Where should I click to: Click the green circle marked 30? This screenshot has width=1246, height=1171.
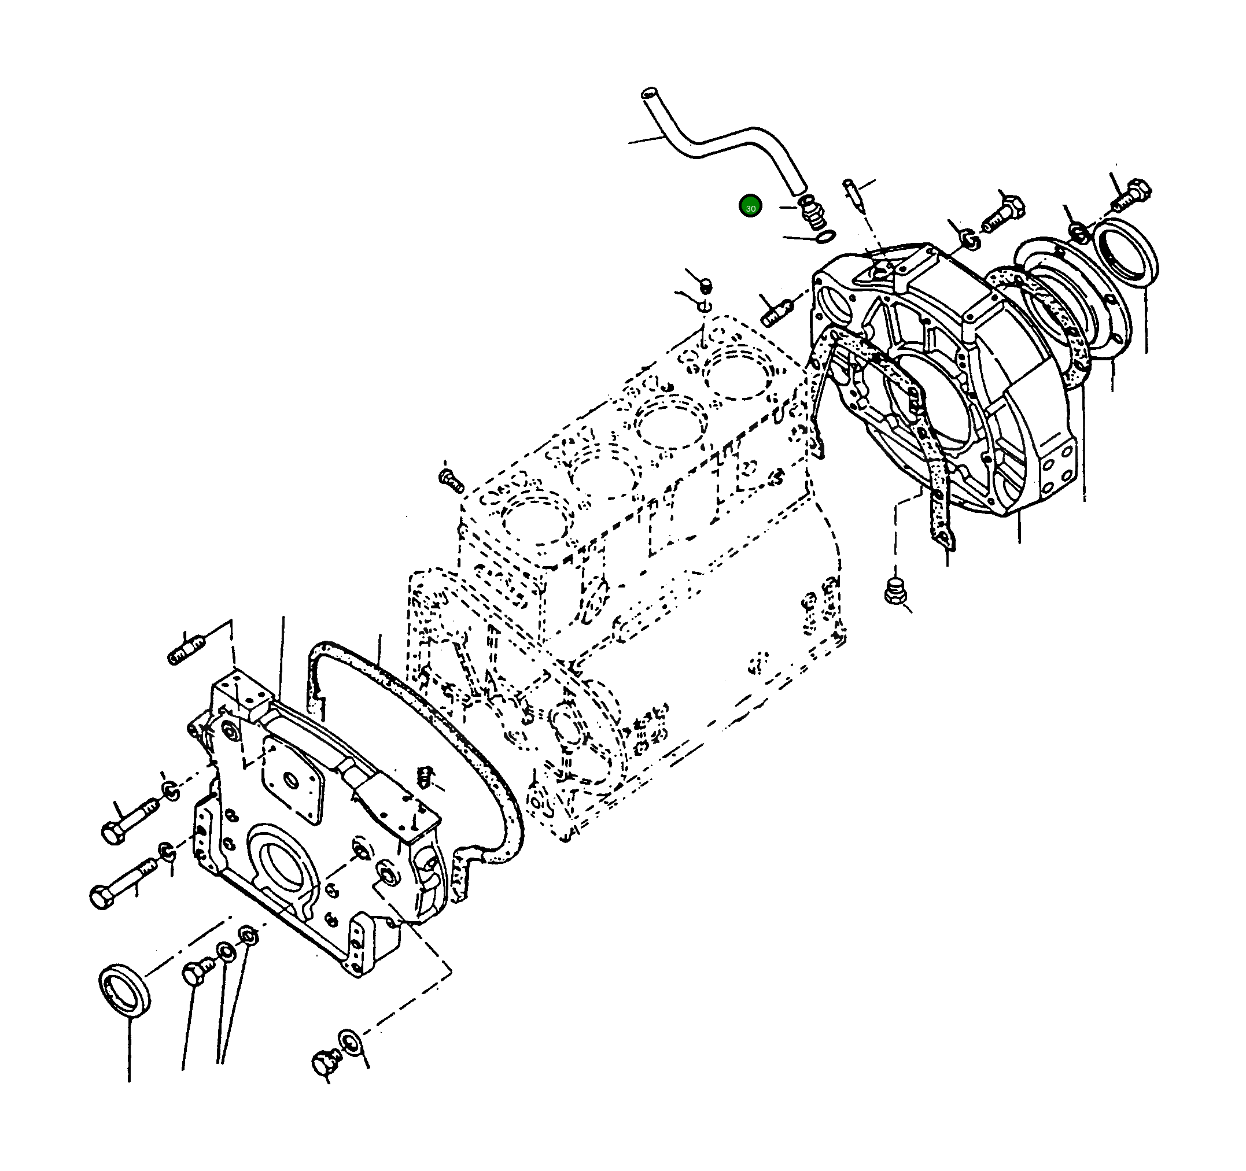click(x=750, y=206)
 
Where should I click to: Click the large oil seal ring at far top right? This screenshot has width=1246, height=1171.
click(x=1125, y=252)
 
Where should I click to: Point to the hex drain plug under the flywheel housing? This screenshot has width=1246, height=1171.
click(x=895, y=590)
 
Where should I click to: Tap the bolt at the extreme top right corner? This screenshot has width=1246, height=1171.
click(x=1131, y=194)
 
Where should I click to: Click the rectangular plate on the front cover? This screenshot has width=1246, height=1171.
click(x=293, y=778)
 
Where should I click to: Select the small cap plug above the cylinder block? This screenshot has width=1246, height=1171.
click(x=705, y=286)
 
